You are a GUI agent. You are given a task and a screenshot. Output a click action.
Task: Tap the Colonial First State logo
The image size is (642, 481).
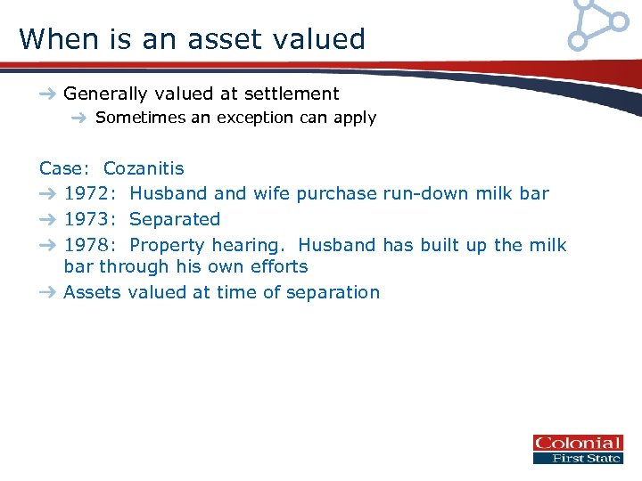click(577, 450)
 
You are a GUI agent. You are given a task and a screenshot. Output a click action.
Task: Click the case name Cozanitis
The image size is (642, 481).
click(144, 168)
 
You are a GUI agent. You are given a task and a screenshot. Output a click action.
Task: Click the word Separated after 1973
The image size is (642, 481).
click(175, 219)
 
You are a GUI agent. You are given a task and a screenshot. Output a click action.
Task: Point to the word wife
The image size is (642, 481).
click(272, 193)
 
